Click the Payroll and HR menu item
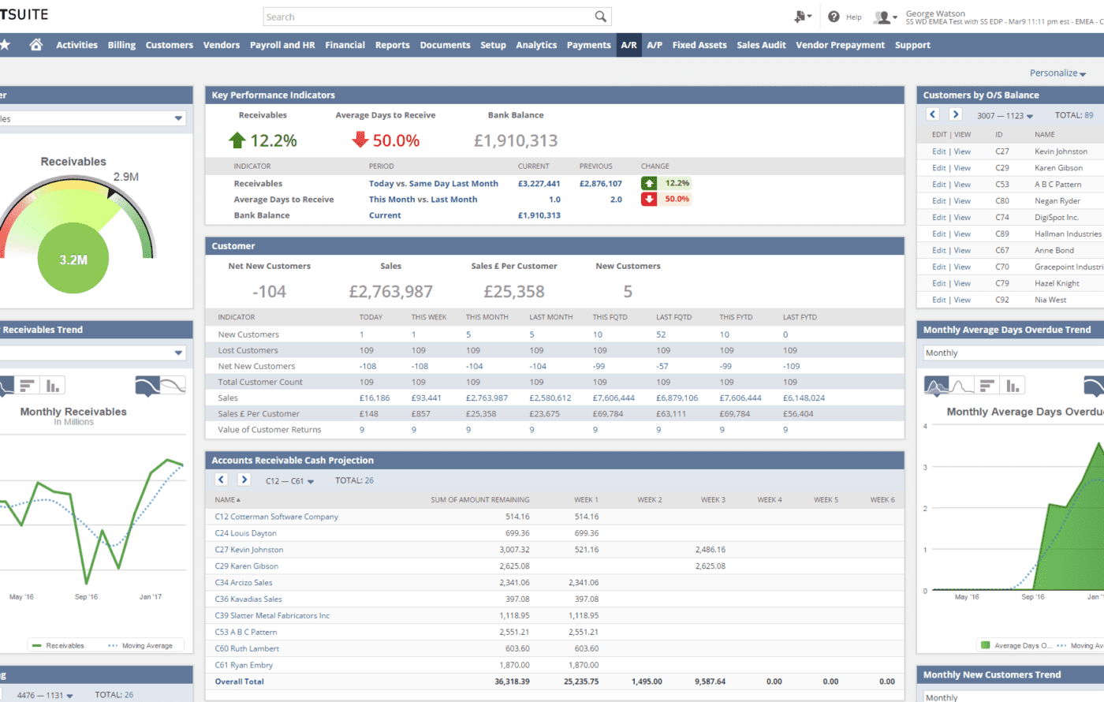tap(282, 45)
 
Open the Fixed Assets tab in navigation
tap(699, 45)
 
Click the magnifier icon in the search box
tap(600, 17)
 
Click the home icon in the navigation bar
tap(35, 45)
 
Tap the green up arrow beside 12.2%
tap(237, 140)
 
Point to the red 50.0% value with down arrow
tap(386, 140)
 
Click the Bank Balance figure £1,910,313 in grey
tap(515, 140)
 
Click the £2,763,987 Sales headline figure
tap(390, 291)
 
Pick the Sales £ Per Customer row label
tap(258, 413)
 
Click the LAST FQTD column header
tap(673, 317)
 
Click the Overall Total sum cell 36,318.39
tap(512, 681)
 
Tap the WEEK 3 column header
tap(713, 499)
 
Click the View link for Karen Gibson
tap(962, 168)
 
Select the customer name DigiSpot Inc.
tap(1056, 217)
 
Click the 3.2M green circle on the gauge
tap(73, 260)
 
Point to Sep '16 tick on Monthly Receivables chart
tap(86, 596)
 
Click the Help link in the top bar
tap(853, 17)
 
